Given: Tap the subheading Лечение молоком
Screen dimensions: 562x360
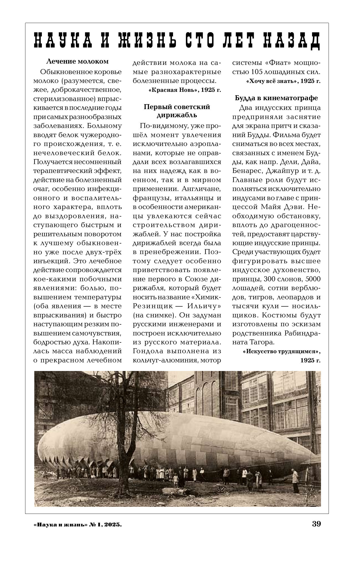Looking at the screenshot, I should pyautogui.click(x=77, y=61).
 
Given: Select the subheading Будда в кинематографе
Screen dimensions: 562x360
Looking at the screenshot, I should pyautogui.click(x=276, y=98).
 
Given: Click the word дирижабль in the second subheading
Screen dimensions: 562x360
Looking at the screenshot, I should pyautogui.click(x=177, y=115).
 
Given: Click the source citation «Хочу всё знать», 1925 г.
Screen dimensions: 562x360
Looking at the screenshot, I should pyautogui.click(x=283, y=81).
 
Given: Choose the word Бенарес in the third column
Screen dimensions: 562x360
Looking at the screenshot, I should pyautogui.click(x=247, y=171).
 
